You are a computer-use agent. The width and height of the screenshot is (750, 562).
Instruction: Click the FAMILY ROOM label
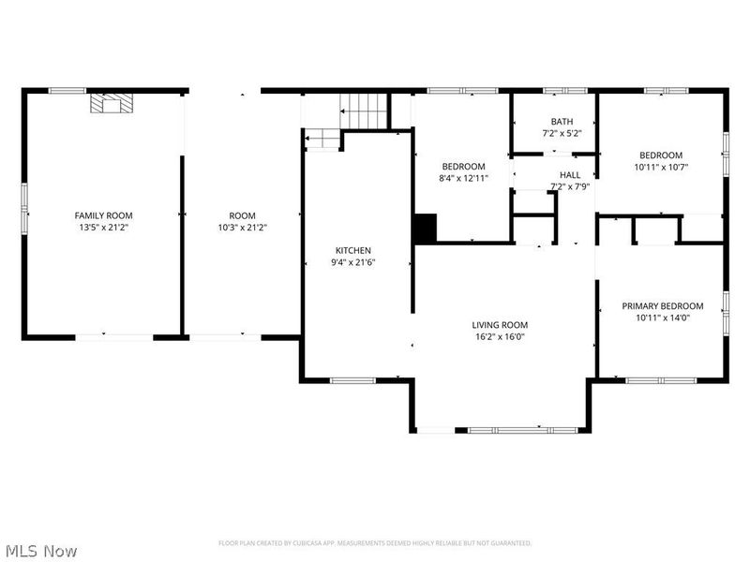104,215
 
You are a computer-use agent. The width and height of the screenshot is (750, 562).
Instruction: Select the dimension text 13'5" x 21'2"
104,227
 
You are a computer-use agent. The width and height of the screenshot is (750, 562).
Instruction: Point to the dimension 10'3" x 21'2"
242,227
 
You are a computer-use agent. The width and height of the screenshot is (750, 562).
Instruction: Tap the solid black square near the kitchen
426,228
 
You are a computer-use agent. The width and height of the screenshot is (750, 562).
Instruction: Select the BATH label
562,122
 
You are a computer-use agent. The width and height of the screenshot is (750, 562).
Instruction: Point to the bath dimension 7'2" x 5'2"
562,133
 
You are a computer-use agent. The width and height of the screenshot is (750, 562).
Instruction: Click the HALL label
570,175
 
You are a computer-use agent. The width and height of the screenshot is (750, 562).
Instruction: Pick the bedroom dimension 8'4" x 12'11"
463,178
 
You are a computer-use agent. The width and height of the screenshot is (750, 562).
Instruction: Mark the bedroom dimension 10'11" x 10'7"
661,167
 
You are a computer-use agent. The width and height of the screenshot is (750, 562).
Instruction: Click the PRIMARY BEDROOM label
663,305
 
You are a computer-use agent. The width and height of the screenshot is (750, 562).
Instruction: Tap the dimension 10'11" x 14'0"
663,318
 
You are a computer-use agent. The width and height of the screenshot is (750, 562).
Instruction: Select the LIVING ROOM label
498,325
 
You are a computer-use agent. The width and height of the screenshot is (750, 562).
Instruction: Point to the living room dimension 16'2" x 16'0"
498,336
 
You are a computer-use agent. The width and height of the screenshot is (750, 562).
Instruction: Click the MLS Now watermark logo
41,551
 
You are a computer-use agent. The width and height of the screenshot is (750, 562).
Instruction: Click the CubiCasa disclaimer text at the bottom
375,542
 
